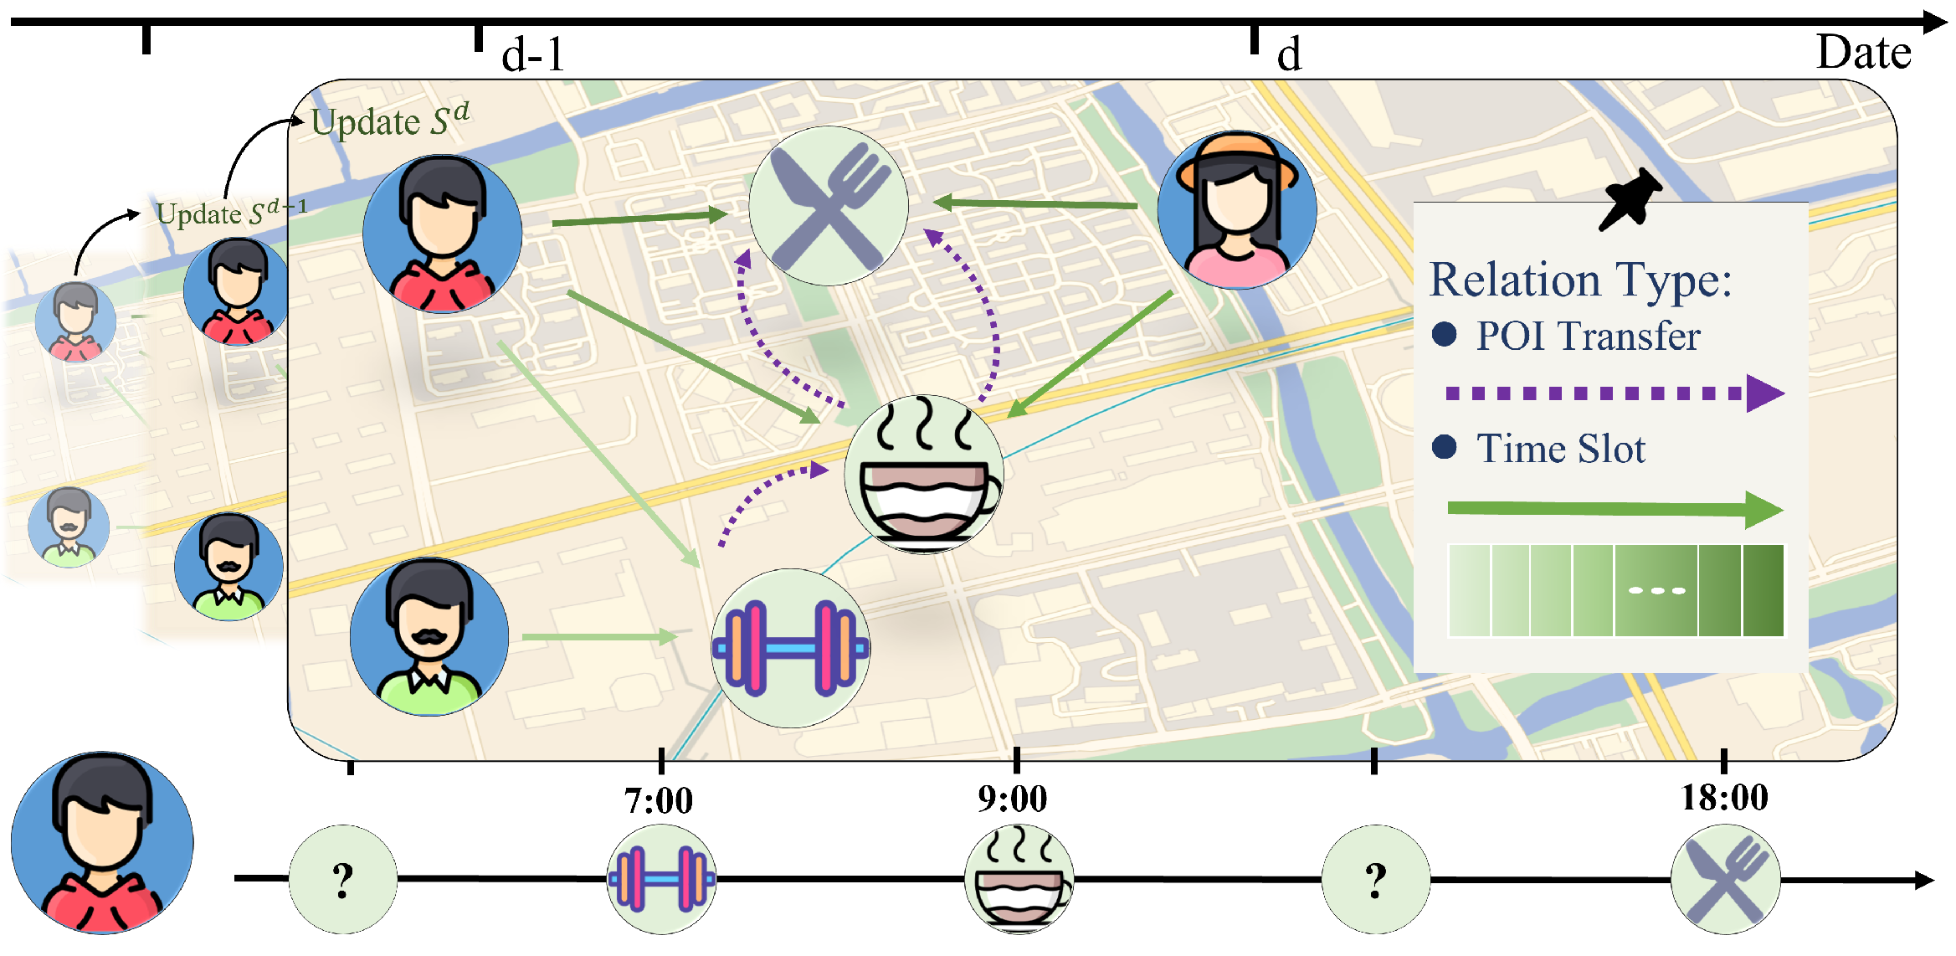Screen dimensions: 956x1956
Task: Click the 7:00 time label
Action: point(659,801)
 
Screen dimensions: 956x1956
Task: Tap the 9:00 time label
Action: point(1012,799)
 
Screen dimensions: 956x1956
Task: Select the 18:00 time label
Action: point(1724,798)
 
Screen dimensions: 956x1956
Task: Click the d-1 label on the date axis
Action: point(533,55)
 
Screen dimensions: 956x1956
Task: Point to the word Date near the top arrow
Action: point(1863,53)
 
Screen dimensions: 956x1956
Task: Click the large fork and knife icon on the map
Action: point(828,206)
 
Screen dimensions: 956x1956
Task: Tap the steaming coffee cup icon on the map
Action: point(923,474)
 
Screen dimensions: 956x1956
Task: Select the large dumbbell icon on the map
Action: point(790,648)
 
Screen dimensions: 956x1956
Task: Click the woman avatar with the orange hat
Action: point(1236,210)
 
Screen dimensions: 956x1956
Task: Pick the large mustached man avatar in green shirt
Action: point(429,637)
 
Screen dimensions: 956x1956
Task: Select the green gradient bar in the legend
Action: point(1615,591)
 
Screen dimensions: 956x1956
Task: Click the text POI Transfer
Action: point(1587,337)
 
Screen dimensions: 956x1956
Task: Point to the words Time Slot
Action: point(1560,449)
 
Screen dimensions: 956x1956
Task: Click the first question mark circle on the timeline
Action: point(342,879)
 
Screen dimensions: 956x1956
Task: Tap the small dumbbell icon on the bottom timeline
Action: point(661,879)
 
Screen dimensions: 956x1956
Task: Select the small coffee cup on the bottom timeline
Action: point(1019,879)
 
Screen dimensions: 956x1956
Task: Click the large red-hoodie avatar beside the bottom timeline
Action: point(102,842)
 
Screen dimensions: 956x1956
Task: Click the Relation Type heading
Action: point(1579,280)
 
